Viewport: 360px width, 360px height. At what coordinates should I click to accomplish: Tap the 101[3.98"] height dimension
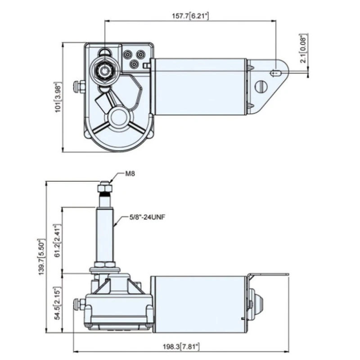pos(58,97)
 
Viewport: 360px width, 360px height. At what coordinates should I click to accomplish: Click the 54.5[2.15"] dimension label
pos(57,304)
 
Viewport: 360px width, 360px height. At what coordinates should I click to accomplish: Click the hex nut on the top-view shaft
pos(105,70)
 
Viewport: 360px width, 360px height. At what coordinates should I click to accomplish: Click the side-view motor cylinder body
pos(198,301)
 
